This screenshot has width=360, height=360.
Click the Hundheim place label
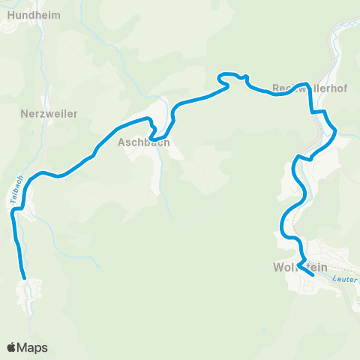click(x=31, y=14)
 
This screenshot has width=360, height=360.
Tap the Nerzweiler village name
click(x=49, y=113)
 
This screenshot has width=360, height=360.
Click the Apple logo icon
click(x=11, y=347)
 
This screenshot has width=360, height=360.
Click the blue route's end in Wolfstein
click(x=312, y=275)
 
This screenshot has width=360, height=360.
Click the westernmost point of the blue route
click(x=12, y=214)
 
